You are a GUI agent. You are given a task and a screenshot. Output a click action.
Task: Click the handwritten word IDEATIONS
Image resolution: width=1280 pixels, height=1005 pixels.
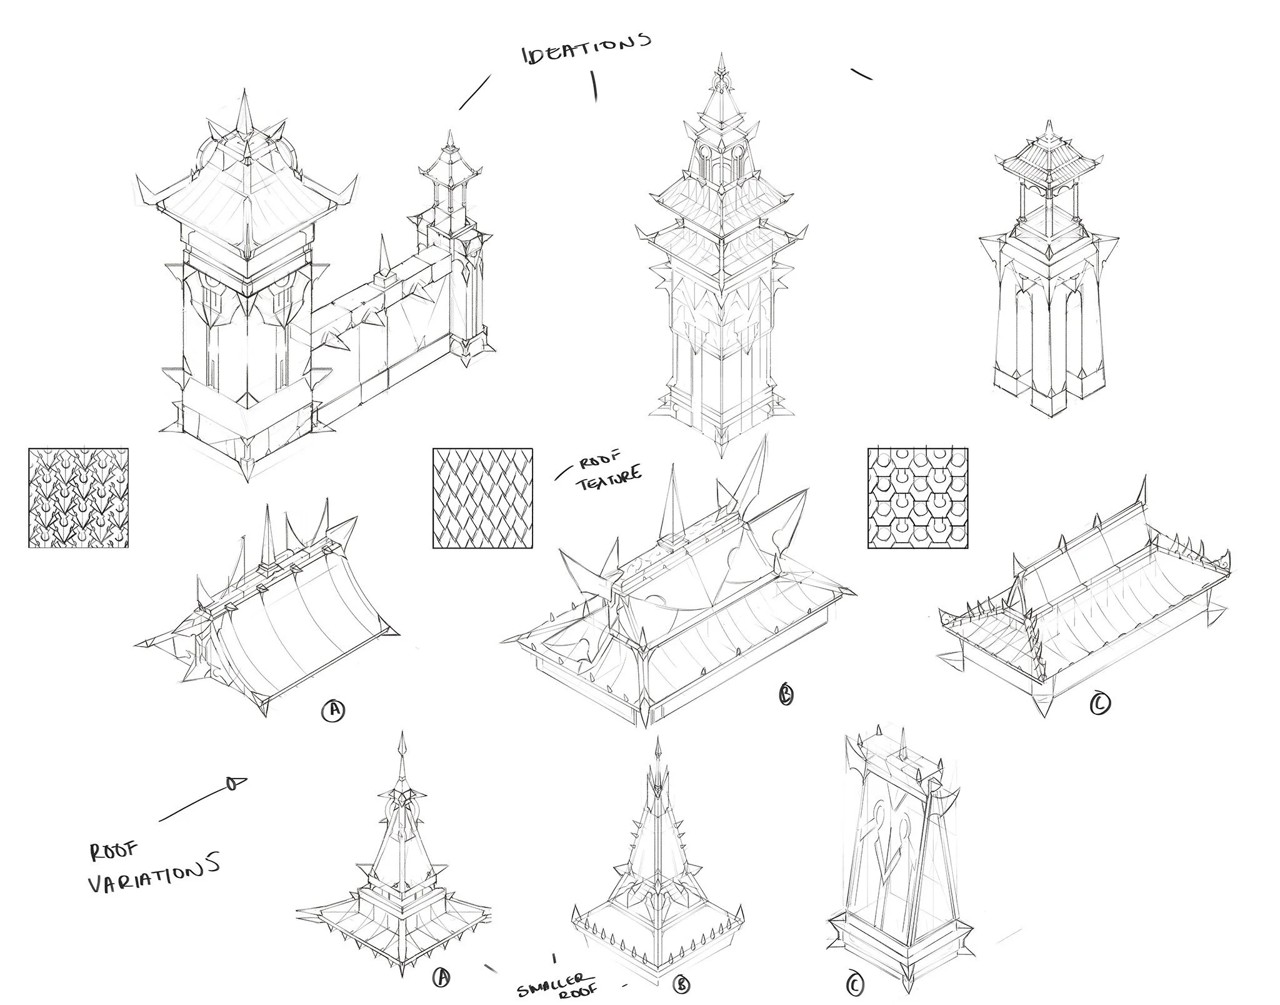pos(586,50)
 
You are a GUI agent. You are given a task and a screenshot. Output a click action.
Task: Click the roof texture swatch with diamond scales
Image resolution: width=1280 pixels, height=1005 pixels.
pos(482,498)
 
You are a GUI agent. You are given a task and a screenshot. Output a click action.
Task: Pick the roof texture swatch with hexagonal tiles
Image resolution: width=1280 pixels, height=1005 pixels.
pos(917,498)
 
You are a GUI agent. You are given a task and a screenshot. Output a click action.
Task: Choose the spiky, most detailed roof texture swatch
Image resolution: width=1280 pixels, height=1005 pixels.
pos(79,498)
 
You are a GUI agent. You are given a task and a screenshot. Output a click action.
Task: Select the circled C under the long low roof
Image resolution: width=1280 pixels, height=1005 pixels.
pos(1100,704)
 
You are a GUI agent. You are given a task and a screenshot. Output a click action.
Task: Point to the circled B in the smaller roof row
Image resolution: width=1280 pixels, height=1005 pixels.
pos(681,985)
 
